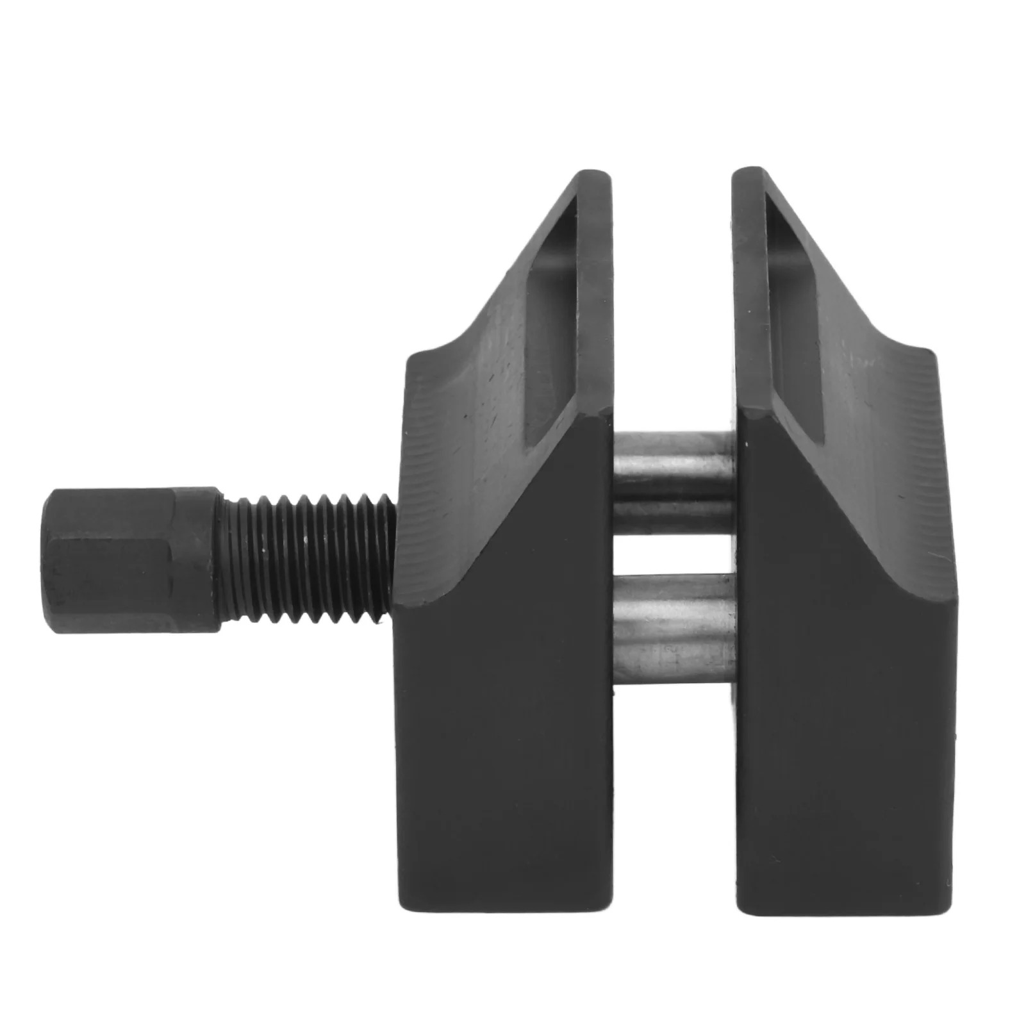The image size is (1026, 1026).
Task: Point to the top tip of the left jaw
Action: coord(590,174)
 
